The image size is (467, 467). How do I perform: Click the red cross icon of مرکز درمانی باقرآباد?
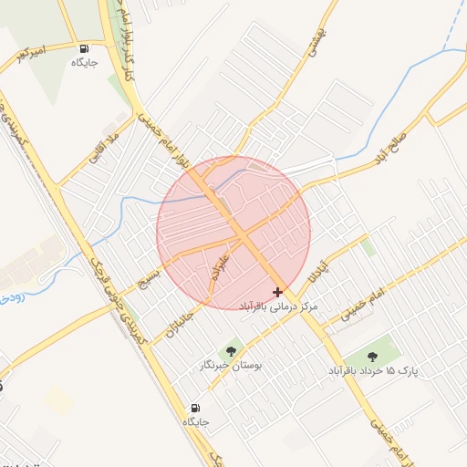pyautogui.click(x=277, y=292)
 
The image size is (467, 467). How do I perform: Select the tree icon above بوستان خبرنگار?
pyautogui.click(x=229, y=350)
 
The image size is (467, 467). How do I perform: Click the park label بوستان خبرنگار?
pyautogui.click(x=231, y=365)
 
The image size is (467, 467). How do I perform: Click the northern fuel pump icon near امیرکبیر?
pyautogui.click(x=85, y=49)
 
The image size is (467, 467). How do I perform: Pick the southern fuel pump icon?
pyautogui.click(x=195, y=408)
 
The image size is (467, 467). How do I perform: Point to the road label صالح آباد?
pyautogui.click(x=394, y=148)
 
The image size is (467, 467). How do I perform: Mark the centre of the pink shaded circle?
pyautogui.click(x=233, y=233)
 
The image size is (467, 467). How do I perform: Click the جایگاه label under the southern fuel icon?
pyautogui.click(x=195, y=422)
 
